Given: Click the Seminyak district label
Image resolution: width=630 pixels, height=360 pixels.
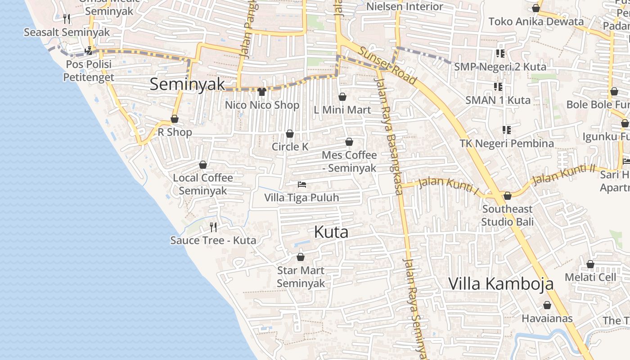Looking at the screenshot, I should click(x=187, y=84).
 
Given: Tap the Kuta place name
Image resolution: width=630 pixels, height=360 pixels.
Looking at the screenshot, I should click(x=331, y=232).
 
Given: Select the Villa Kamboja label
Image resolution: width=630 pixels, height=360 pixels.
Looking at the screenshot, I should click(x=501, y=284).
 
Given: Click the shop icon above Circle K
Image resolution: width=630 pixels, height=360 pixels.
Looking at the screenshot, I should click(x=290, y=134).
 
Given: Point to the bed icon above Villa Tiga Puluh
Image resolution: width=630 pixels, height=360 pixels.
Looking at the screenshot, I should click(x=301, y=184).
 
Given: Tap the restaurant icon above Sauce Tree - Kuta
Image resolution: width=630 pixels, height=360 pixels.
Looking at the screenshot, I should click(x=213, y=227).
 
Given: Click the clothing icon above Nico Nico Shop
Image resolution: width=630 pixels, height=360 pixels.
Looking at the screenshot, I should click(x=262, y=92).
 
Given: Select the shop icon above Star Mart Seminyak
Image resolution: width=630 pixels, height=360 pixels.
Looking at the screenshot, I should click(x=301, y=257).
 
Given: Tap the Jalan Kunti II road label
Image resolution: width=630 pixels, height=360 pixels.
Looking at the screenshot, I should click(x=563, y=175).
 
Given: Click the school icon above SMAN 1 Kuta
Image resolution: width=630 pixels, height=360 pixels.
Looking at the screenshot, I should click(x=498, y=86).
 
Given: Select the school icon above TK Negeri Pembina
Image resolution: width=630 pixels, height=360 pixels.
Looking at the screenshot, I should click(x=507, y=130).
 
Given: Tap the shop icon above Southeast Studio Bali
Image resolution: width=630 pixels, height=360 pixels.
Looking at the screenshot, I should click(x=508, y=196).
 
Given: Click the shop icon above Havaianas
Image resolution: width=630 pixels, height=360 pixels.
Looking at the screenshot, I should click(x=547, y=305).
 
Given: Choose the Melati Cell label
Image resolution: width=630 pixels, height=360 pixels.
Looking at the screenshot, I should click(x=590, y=277).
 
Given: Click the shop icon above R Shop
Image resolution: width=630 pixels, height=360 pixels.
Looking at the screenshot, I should click(x=175, y=119).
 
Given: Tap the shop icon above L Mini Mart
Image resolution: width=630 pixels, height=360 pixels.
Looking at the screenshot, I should click(x=342, y=97).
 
